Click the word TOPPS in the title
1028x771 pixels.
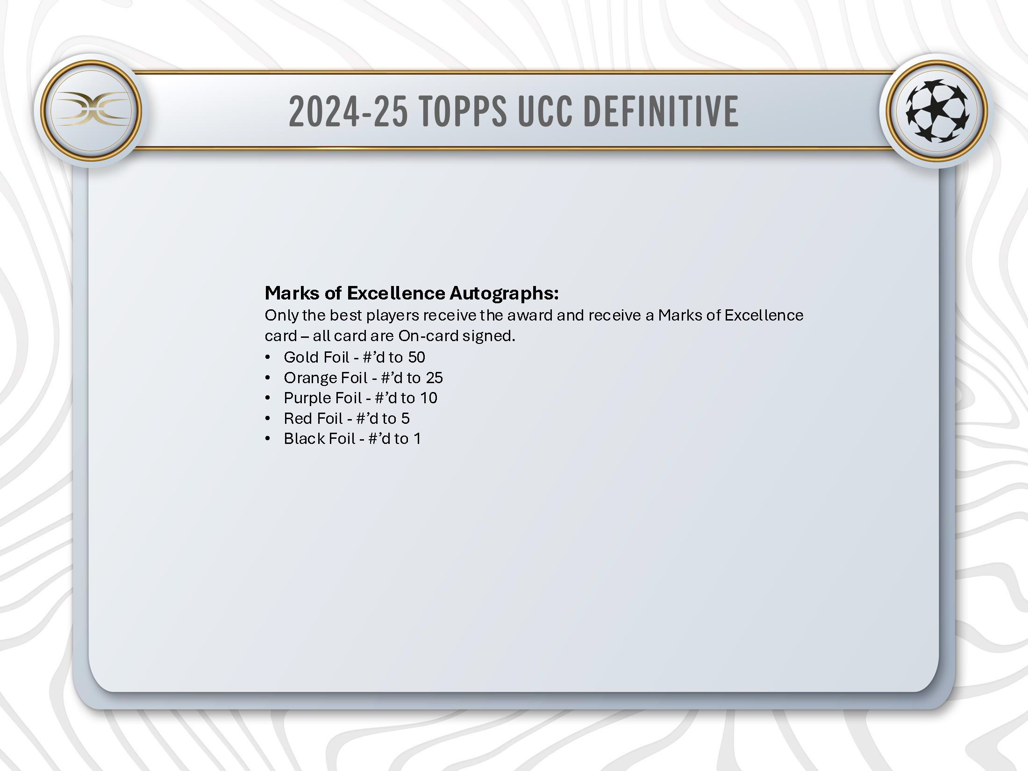[x=463, y=111]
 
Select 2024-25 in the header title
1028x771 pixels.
[x=348, y=111]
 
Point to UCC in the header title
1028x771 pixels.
[x=545, y=111]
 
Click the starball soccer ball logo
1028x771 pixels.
[x=937, y=111]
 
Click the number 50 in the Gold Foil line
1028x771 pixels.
[x=416, y=357]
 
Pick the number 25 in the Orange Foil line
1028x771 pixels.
[x=434, y=378]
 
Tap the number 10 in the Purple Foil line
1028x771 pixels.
[x=428, y=398]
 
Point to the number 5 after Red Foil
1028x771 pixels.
[x=405, y=418]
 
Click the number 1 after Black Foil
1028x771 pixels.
[x=417, y=439]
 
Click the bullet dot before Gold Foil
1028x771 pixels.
[x=268, y=357]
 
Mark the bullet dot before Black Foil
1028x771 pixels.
[x=268, y=439]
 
